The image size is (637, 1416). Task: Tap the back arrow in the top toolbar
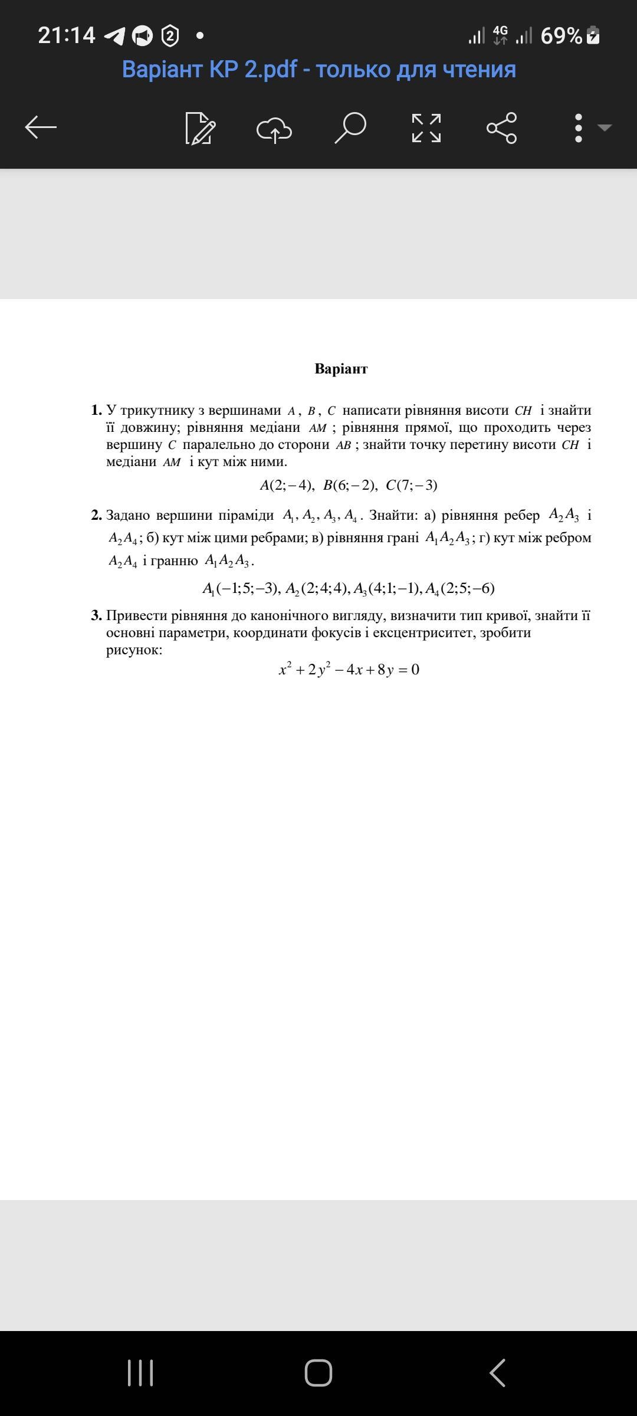(x=41, y=127)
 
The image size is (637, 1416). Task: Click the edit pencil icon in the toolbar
(x=200, y=128)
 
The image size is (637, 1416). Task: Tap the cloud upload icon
(x=274, y=129)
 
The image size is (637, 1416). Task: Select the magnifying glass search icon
(x=350, y=127)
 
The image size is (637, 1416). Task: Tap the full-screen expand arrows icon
(x=426, y=128)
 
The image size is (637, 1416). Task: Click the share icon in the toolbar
(x=501, y=128)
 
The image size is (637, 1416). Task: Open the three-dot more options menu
(x=579, y=128)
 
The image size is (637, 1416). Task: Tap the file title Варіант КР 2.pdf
(x=318, y=70)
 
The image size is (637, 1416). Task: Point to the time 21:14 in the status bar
(x=67, y=35)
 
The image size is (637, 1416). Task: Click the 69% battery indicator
(x=569, y=36)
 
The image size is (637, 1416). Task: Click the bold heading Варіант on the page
(x=341, y=369)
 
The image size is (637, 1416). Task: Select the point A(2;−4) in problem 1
(x=287, y=485)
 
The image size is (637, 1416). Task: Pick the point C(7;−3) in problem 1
(x=412, y=485)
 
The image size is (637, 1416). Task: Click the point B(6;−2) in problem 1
(x=350, y=485)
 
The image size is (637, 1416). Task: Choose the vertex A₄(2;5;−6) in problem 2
(x=459, y=588)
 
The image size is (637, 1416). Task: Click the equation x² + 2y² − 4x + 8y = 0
(x=349, y=669)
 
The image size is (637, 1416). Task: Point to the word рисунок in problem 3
(x=134, y=650)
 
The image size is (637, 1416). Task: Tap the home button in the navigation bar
(x=318, y=1372)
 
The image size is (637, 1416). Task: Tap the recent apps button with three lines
(x=140, y=1372)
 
